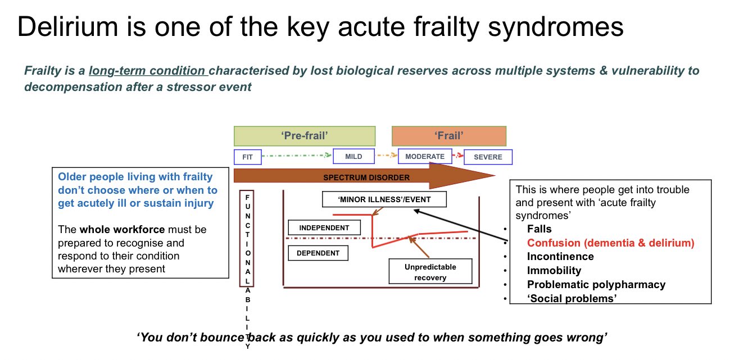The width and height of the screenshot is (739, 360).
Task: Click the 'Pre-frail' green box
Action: [x=304, y=136]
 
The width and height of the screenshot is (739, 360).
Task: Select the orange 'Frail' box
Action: [x=448, y=136]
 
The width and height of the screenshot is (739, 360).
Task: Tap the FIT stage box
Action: [x=247, y=157]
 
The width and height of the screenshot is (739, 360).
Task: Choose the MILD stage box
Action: [x=353, y=157]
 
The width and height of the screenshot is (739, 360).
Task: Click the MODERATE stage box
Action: [x=425, y=157]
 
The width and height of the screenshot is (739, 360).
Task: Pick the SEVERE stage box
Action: [x=488, y=157]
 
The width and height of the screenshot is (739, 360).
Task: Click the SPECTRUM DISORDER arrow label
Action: [x=366, y=177]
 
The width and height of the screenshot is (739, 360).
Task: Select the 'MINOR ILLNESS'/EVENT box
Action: [x=385, y=199]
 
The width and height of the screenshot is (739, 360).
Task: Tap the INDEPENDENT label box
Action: [x=323, y=227]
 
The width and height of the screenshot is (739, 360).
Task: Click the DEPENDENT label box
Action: [x=318, y=253]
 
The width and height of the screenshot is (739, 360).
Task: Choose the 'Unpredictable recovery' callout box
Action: [x=430, y=272]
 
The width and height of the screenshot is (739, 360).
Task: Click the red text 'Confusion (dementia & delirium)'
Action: [x=610, y=243]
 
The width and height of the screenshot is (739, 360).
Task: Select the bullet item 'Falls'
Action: [x=539, y=229]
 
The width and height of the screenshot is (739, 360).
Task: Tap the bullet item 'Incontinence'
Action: [x=560, y=257]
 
